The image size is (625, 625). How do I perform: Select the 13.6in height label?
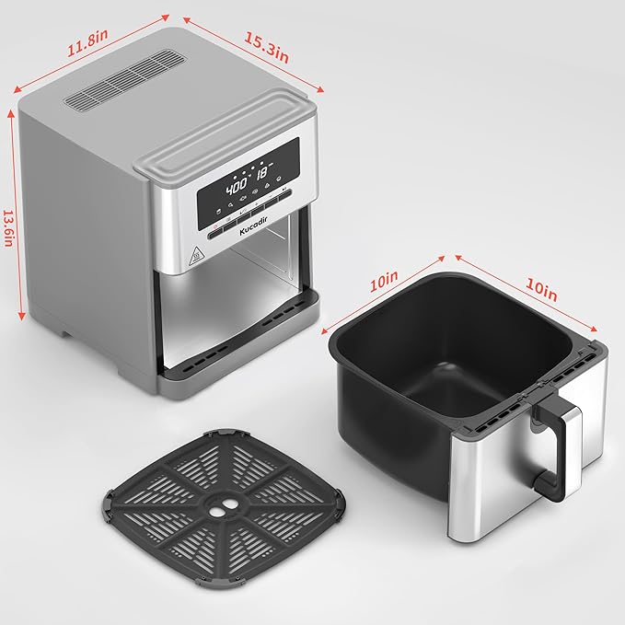click(9, 225)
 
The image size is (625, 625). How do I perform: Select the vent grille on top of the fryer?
click(121, 82)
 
